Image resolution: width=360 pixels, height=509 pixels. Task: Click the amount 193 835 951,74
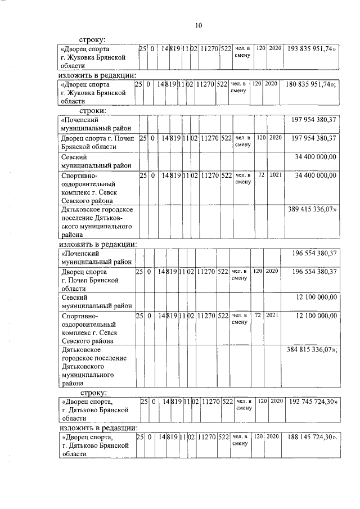coord(312,49)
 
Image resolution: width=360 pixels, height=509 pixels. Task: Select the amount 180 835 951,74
coord(312,84)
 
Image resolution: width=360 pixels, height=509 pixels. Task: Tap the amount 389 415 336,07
coord(312,209)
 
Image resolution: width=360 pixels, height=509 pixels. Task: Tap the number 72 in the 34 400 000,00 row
coord(261,175)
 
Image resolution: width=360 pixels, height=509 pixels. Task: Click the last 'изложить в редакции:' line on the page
coord(98,428)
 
